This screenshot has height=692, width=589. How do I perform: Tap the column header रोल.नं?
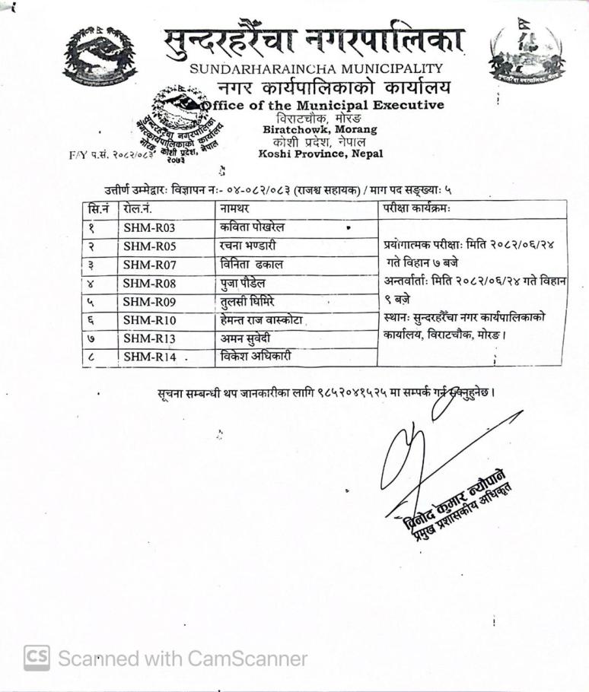[x=138, y=208]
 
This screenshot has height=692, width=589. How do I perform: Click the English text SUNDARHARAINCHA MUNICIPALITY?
[x=317, y=69]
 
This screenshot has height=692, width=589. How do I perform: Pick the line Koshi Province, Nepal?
[x=320, y=154]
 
